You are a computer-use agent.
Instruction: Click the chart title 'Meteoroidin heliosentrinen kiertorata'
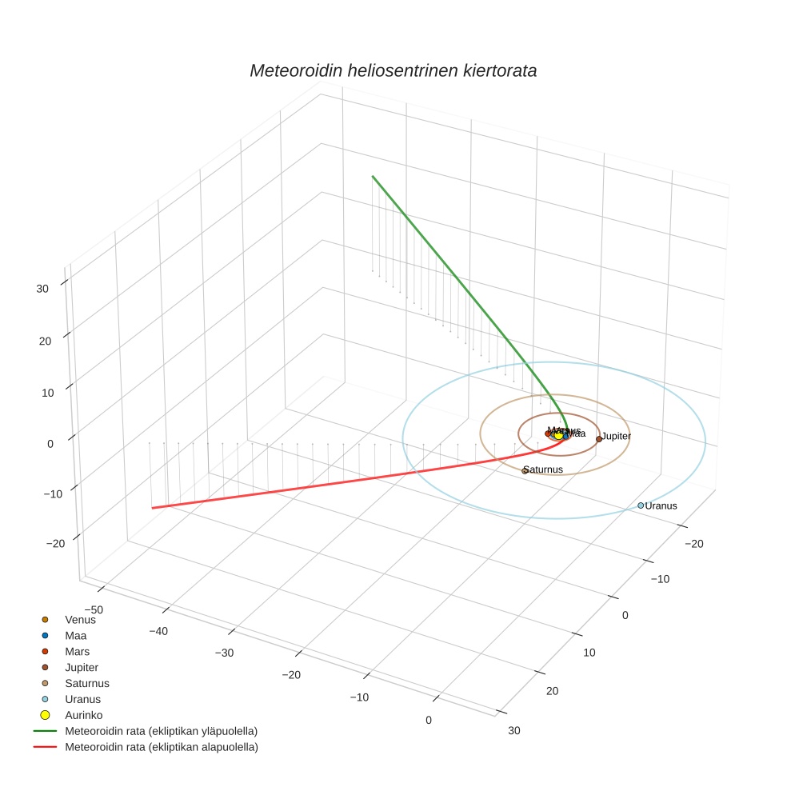point(393,70)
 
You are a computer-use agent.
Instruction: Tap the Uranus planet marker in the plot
point(641,505)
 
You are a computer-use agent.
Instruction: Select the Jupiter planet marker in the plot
point(599,439)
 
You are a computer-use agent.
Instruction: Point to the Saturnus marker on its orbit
point(525,471)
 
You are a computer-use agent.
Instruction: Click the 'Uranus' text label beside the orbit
point(661,506)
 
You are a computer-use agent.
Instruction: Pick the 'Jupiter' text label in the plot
point(617,437)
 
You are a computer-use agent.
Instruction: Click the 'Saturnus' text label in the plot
point(545,469)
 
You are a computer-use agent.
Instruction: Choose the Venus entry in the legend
point(80,619)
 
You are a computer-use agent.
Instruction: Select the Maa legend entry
point(75,635)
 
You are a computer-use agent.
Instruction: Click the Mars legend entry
point(77,651)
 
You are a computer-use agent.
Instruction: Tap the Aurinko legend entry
point(83,715)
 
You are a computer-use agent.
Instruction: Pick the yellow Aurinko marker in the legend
point(46,715)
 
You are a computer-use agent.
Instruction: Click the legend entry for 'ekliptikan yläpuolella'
point(161,731)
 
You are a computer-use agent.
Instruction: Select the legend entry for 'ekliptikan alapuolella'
point(161,747)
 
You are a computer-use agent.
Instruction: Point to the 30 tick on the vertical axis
point(43,289)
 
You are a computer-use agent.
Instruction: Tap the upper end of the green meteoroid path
point(372,176)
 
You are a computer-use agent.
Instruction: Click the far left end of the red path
point(152,508)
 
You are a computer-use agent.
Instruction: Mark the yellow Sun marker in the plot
point(558,435)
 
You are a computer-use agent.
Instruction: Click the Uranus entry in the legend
point(82,699)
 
